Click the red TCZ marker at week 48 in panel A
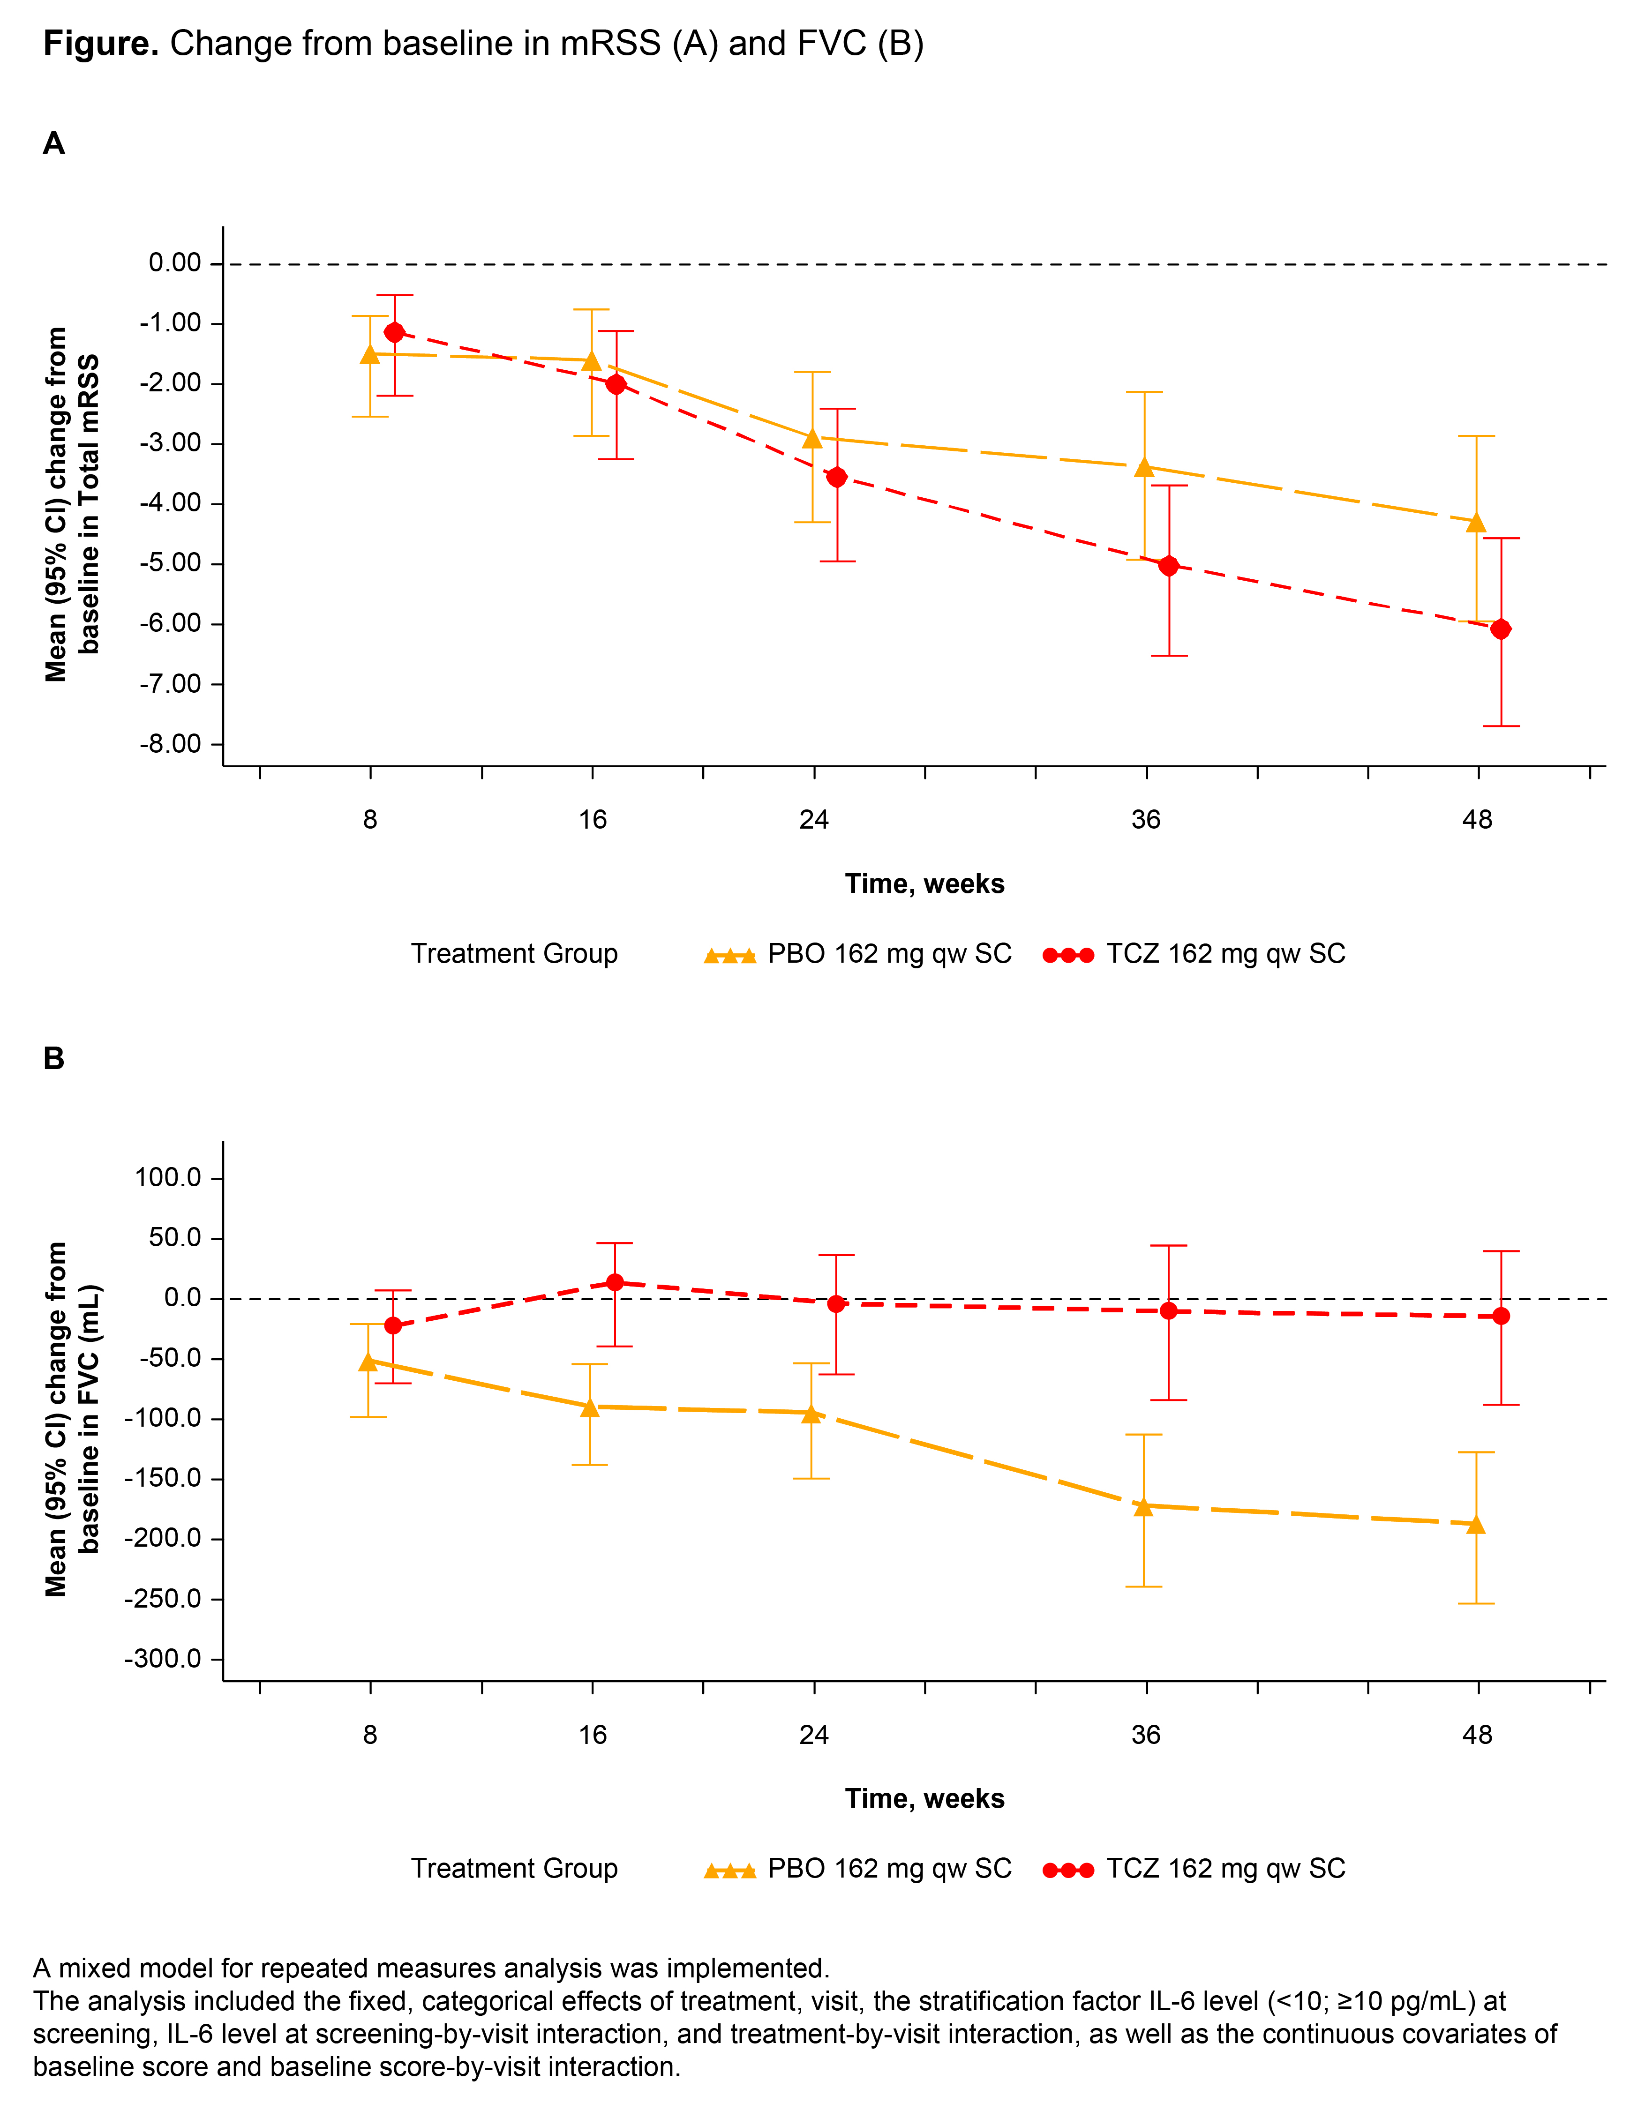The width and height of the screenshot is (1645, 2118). (1501, 629)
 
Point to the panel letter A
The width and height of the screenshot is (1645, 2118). (54, 143)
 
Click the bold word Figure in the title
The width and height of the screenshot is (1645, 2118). (101, 44)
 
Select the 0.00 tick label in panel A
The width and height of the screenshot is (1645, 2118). (174, 263)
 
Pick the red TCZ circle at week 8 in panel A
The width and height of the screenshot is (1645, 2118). (395, 333)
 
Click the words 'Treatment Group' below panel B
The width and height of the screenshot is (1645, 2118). (514, 1869)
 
